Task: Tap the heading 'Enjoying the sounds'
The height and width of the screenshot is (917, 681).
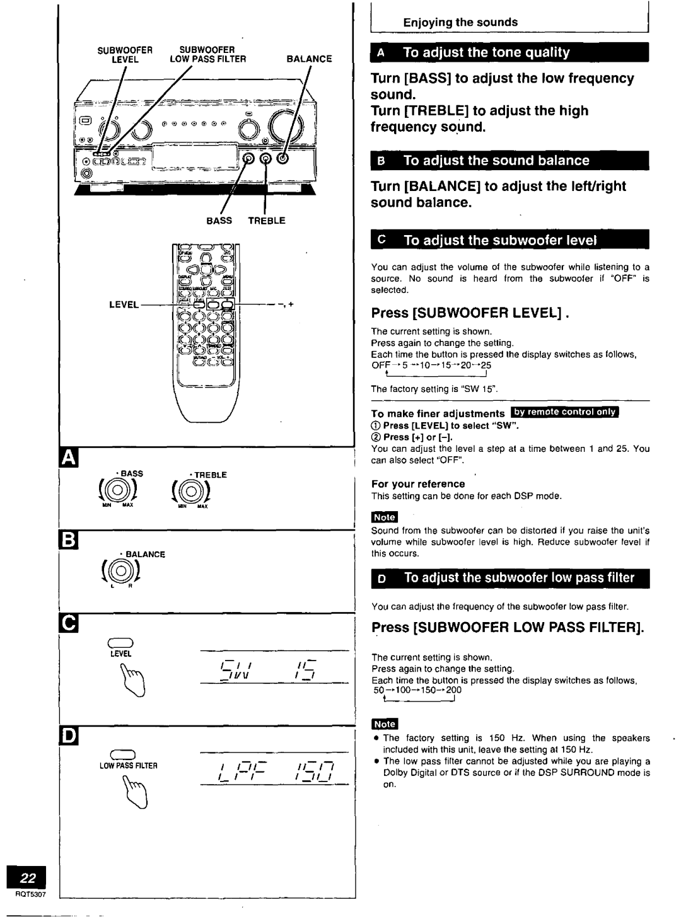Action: click(460, 22)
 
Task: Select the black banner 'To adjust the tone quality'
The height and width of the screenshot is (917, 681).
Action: click(510, 52)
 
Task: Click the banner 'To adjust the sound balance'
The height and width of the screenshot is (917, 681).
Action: click(510, 160)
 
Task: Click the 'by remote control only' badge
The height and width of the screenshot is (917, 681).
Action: click(566, 413)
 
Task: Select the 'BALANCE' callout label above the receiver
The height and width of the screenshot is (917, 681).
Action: click(309, 59)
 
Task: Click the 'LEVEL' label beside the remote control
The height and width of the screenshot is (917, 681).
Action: click(124, 304)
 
